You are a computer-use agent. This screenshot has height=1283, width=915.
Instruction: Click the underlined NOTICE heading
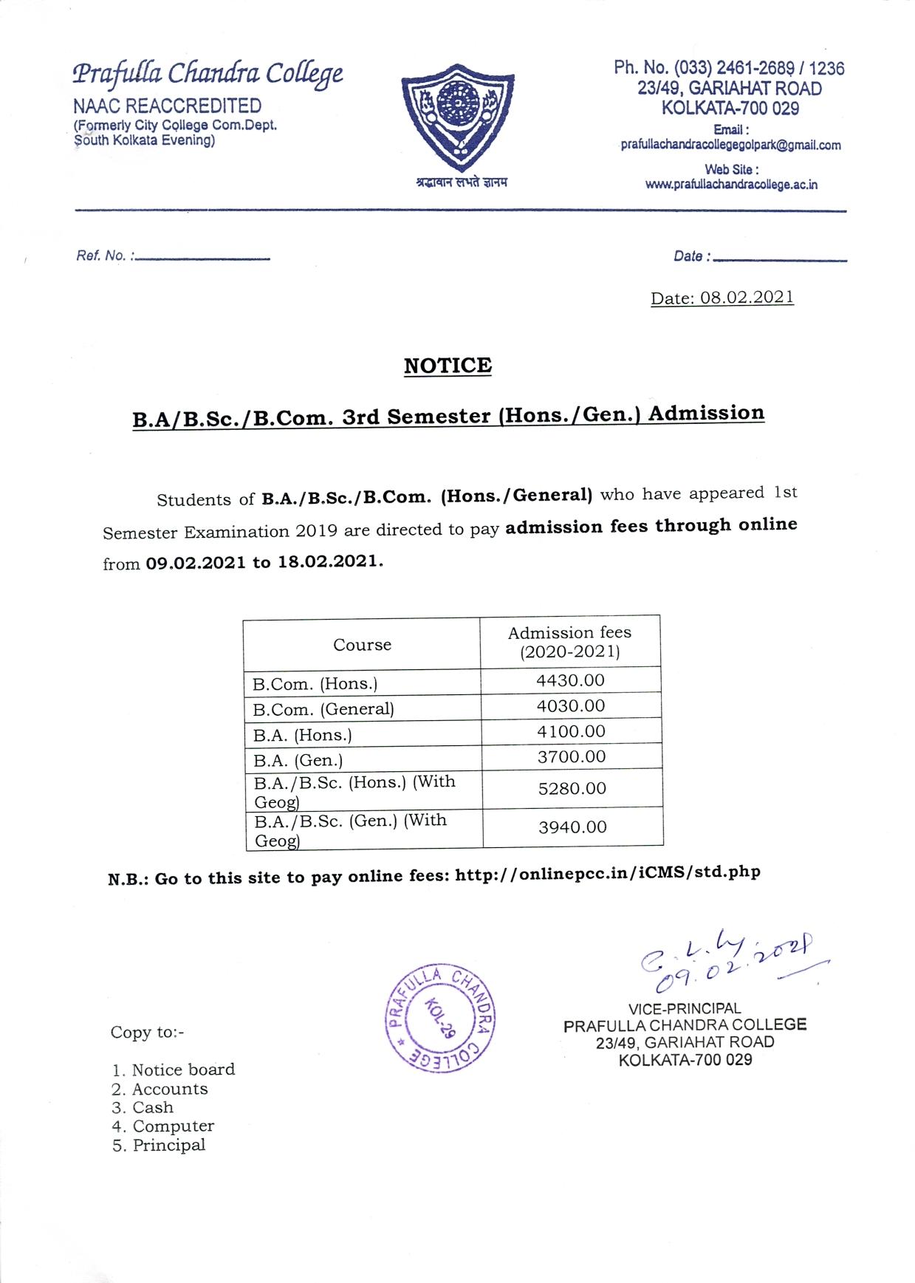[x=448, y=366]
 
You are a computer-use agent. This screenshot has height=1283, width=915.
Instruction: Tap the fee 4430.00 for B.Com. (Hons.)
[x=570, y=680]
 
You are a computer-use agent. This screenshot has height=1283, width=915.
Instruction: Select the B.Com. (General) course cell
[x=323, y=709]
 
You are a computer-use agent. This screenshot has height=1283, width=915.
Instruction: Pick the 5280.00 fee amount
[x=572, y=788]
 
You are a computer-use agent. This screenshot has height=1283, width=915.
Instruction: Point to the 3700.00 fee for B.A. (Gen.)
[x=571, y=756]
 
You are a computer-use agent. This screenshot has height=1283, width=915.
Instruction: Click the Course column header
[x=362, y=645]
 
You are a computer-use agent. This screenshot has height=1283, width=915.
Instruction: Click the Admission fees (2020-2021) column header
[x=569, y=642]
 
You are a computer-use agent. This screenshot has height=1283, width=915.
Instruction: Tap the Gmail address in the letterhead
[x=730, y=146]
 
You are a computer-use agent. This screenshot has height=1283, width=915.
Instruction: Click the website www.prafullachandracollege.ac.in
[x=731, y=185]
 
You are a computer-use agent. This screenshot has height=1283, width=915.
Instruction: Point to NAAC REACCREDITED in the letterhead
[x=167, y=106]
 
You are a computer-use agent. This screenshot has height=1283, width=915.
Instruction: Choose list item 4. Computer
[x=164, y=1126]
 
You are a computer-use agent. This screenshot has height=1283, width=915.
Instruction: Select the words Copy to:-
[x=148, y=1032]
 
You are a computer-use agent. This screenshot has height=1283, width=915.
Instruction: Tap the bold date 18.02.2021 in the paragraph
[x=329, y=561]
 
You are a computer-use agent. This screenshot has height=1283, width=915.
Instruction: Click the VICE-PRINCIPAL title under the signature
[x=685, y=1008]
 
